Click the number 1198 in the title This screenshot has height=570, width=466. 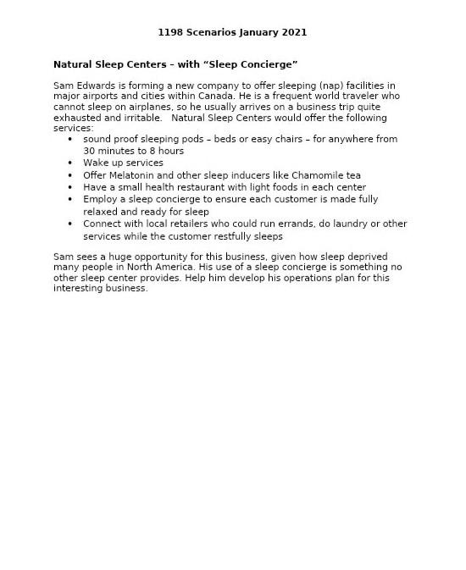(x=170, y=32)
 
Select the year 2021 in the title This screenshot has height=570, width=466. (x=292, y=32)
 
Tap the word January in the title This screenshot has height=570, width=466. (x=255, y=32)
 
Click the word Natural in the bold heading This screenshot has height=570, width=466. (x=73, y=64)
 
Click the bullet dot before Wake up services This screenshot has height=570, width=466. (x=70, y=163)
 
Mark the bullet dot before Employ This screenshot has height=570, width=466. (x=70, y=200)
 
